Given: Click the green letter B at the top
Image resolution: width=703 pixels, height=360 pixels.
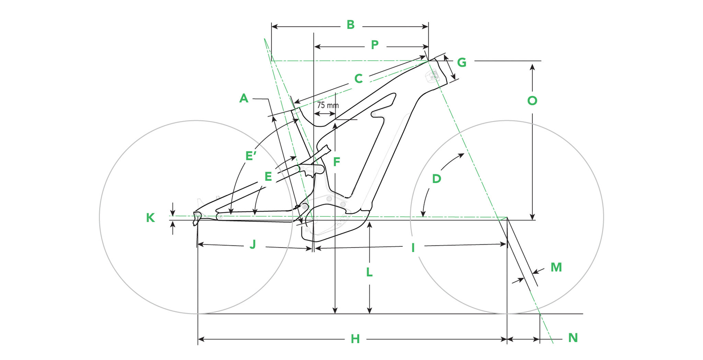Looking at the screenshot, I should tap(350, 25).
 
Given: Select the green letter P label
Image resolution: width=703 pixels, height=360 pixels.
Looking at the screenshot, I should tap(374, 45).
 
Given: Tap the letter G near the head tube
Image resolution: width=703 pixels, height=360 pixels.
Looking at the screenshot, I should tap(462, 62).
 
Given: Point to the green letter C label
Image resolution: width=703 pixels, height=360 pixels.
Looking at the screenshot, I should tap(358, 79).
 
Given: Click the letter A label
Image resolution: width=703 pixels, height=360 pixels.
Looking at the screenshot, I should tap(244, 98).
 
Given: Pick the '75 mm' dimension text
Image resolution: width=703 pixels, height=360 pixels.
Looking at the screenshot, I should tap(327, 105).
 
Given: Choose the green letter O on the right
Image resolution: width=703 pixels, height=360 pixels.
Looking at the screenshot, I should tap(532, 101).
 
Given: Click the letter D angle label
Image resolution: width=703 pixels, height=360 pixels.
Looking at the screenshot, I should tap(436, 178).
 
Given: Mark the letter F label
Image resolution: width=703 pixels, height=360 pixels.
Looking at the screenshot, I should tap(336, 162).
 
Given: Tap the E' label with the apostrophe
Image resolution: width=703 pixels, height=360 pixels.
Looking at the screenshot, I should tap(251, 156).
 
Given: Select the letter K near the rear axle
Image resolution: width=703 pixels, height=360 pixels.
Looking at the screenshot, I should tap(150, 218).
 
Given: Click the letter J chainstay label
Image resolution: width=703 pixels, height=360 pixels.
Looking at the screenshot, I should tap(253, 244).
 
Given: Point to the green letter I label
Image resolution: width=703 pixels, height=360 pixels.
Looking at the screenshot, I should tap(413, 247).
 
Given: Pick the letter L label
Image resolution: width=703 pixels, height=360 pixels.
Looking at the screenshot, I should tap(369, 272).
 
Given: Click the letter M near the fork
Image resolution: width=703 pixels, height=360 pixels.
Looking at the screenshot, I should tap(556, 267).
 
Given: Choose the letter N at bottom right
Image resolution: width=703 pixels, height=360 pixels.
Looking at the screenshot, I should tap(573, 338).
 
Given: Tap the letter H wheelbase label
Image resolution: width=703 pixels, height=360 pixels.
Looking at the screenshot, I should tap(355, 339).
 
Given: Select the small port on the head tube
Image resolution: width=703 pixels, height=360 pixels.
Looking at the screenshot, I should tap(433, 76).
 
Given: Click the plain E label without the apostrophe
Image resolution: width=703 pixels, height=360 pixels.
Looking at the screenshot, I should tap(268, 177).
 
